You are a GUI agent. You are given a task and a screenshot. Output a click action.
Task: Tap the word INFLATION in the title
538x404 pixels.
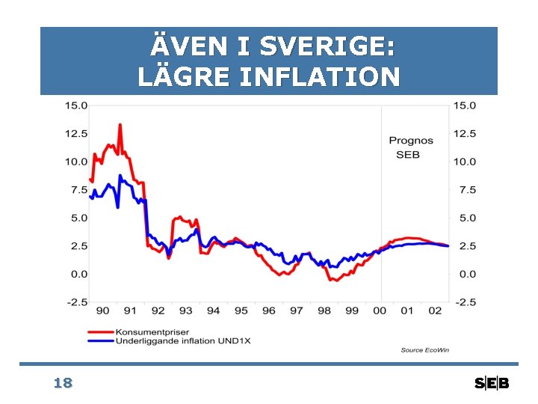click(320, 76)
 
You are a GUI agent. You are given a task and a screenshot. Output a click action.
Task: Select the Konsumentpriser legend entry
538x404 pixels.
click(138, 332)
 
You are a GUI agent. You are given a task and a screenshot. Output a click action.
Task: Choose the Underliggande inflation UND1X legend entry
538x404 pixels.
click(169, 341)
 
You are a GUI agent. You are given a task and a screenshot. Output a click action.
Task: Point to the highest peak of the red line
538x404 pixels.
click(120, 125)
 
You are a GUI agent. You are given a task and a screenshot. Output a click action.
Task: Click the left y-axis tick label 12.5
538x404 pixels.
click(76, 133)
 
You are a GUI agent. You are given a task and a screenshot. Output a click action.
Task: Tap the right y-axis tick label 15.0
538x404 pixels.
click(465, 105)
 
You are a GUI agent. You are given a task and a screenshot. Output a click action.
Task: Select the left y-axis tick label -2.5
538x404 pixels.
click(77, 302)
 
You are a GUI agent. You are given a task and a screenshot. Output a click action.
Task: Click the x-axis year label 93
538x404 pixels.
click(185, 310)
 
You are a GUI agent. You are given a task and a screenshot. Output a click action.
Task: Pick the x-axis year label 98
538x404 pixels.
click(324, 310)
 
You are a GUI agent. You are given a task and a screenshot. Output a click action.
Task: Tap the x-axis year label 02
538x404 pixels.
click(435, 310)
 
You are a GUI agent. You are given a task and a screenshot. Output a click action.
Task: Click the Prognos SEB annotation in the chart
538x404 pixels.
click(411, 147)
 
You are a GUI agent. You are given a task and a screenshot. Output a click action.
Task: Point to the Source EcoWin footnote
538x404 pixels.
click(424, 350)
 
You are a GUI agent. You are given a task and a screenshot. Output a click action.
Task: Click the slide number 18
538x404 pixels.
click(63, 383)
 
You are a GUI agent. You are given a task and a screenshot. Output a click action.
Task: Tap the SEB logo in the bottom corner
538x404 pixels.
click(492, 383)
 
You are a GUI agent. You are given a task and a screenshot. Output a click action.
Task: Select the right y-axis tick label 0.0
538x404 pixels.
click(468, 274)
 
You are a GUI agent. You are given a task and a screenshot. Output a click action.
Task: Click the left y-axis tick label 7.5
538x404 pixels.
click(79, 189)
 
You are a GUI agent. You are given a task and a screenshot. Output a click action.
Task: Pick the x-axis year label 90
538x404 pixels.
click(102, 310)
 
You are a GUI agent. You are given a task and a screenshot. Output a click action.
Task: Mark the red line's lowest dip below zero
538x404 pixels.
click(337, 281)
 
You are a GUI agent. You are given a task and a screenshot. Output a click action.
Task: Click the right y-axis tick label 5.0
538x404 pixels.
click(468, 218)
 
